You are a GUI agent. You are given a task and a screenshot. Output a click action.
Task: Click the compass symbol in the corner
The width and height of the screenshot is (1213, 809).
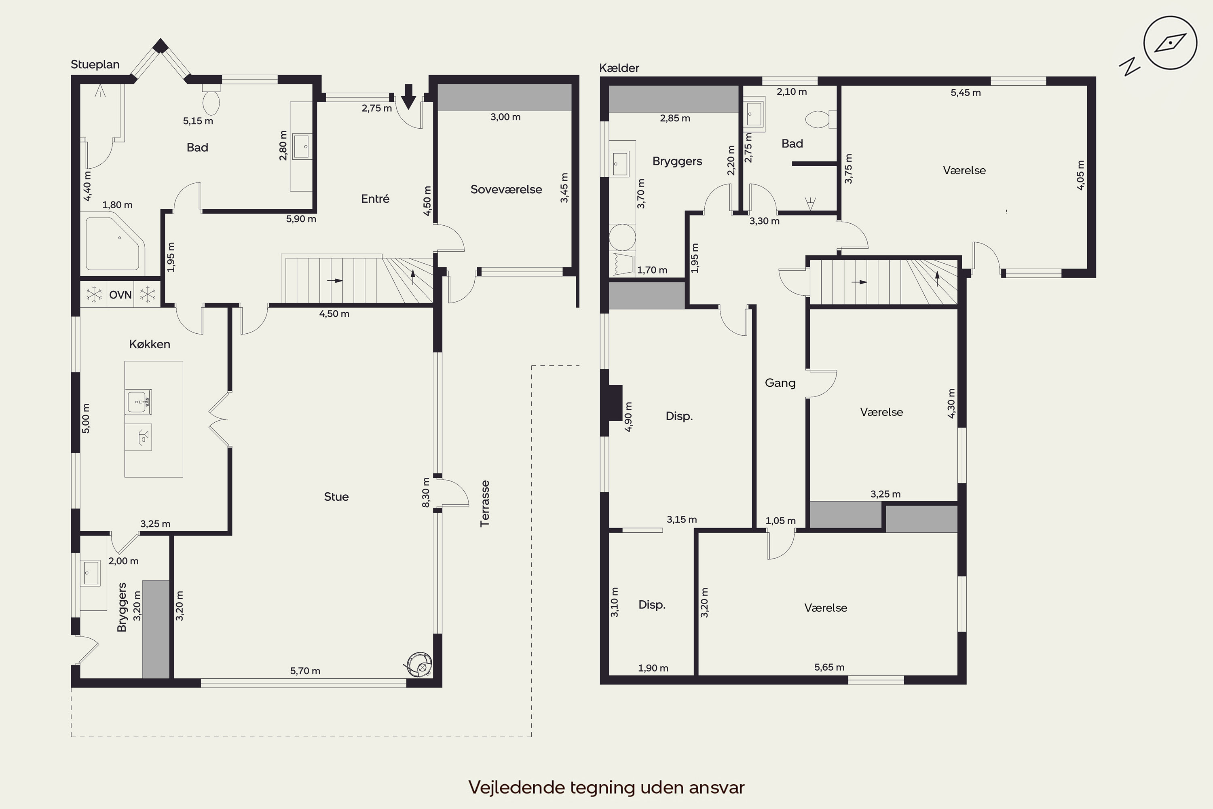tap(1170, 43)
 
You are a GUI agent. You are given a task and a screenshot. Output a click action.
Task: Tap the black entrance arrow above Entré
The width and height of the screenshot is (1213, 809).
tap(408, 97)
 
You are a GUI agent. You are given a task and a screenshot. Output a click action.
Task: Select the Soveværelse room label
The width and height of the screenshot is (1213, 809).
tap(506, 189)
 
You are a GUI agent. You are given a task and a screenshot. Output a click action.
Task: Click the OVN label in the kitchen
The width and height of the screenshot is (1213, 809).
tap(120, 295)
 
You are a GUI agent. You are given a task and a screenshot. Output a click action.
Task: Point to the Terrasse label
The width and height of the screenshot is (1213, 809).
tap(484, 504)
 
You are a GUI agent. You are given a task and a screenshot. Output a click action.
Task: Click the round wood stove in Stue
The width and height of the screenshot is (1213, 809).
tap(420, 665)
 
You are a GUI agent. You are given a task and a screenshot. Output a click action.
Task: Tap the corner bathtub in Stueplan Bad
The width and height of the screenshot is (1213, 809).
tap(115, 244)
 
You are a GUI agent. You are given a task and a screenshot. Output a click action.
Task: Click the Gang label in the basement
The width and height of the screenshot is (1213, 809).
tap(780, 383)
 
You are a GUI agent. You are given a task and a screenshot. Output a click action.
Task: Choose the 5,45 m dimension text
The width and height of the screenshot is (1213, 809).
tap(966, 93)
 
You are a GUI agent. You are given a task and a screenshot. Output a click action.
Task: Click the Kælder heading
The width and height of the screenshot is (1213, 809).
tap(619, 68)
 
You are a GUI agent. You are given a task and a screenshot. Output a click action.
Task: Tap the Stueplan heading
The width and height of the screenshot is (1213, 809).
tap(95, 64)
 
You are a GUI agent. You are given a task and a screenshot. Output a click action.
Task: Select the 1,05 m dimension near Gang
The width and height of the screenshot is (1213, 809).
tap(780, 521)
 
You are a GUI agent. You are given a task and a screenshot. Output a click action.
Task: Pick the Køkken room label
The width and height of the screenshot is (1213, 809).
tap(150, 344)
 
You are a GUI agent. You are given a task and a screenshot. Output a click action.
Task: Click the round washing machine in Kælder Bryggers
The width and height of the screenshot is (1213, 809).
tap(622, 237)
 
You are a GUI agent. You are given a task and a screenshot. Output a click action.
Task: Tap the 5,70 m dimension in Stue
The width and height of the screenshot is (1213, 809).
tap(305, 671)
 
